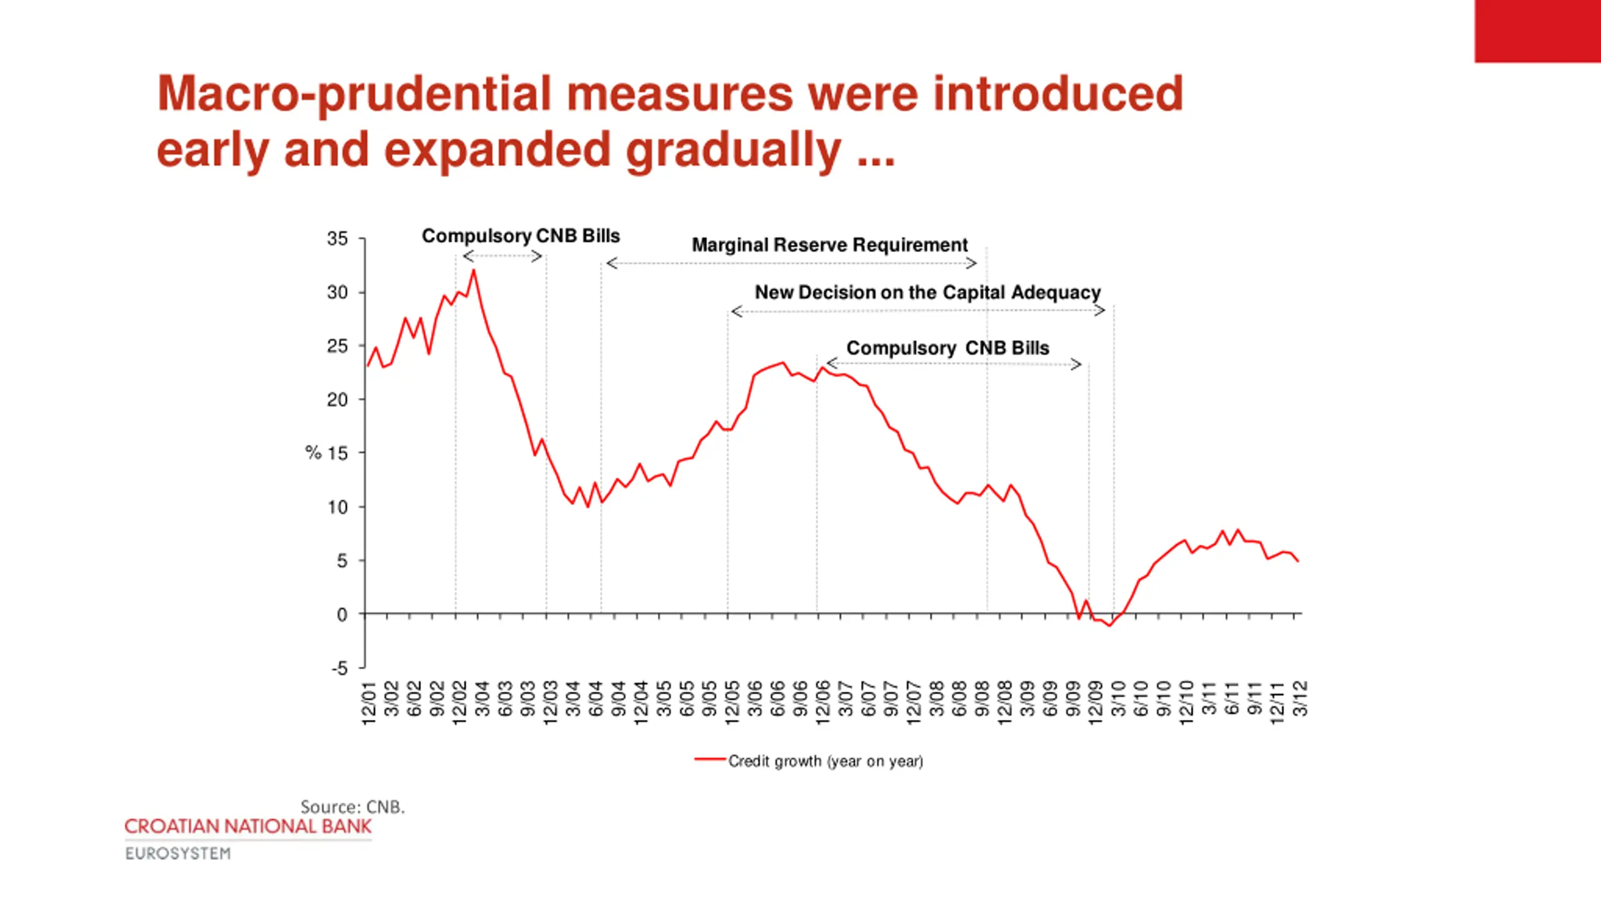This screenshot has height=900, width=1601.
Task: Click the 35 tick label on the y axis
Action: tap(337, 238)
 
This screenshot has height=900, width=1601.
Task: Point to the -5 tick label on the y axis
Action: tap(340, 668)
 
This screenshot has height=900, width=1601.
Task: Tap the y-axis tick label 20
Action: tap(337, 399)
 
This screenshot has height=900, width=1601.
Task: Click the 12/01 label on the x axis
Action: tap(369, 703)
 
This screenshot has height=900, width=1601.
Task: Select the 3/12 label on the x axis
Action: tap(1300, 699)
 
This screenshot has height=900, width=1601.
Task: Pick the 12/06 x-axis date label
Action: tap(822, 703)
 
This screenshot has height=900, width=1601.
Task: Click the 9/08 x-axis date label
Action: tap(982, 699)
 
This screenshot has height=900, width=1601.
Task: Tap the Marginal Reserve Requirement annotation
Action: tap(829, 245)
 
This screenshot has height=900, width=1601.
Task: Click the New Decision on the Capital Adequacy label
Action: tap(927, 292)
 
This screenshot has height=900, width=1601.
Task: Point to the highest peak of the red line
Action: tap(473, 271)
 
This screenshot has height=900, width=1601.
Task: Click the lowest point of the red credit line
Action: tap(1110, 626)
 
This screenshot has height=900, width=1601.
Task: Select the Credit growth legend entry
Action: tap(824, 761)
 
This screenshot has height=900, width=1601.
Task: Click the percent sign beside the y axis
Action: tap(313, 452)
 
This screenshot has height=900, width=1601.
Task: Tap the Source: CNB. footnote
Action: tap(353, 807)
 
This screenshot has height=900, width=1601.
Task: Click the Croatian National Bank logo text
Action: tap(248, 826)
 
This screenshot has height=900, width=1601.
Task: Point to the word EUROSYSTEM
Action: tap(178, 854)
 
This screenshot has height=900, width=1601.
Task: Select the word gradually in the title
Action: tap(733, 150)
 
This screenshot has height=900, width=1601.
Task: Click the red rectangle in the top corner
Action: tap(1537, 31)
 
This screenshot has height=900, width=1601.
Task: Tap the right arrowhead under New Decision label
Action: tap(1101, 311)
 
